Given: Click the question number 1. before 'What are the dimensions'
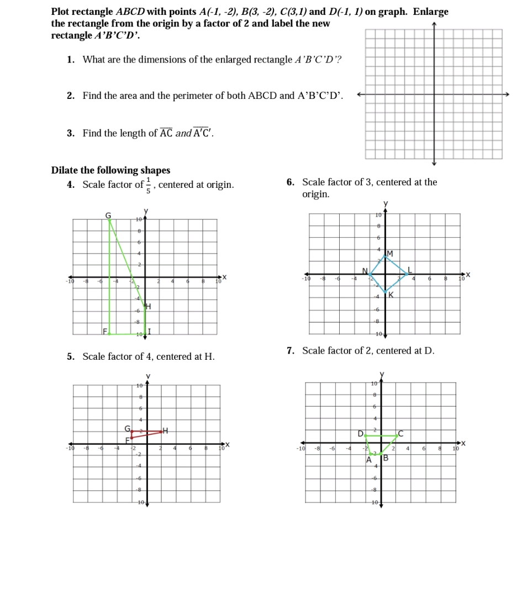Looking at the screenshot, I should click(71, 60).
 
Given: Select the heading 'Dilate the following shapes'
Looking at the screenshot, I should click(110, 170).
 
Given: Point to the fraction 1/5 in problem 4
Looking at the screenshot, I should click(147, 185).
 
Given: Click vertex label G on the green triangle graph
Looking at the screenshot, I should click(108, 214).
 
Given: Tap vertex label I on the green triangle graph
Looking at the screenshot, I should click(149, 332).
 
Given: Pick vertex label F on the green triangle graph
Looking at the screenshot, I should click(104, 331).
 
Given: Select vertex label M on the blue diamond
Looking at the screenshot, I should click(389, 253).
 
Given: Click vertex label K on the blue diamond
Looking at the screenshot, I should click(391, 295).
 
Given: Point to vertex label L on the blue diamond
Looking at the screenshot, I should click(409, 270).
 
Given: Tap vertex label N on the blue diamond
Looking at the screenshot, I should click(365, 270).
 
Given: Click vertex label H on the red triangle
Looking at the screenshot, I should click(165, 431).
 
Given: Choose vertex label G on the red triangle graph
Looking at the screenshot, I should click(127, 428).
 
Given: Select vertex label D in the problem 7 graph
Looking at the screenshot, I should click(360, 434).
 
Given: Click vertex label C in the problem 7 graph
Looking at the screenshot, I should click(401, 434).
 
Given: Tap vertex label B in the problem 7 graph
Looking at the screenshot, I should click(386, 458).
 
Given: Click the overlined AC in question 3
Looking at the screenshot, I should click(166, 133).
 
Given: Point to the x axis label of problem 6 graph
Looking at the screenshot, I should click(468, 274).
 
